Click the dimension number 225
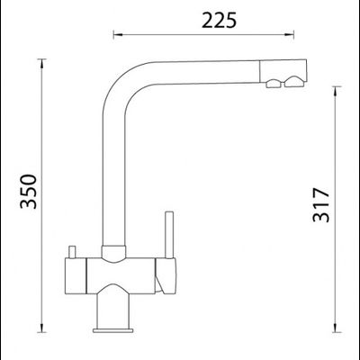coord(219,21)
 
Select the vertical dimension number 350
coord(29,191)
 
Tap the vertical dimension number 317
coord(321,205)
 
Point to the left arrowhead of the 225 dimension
coord(118,35)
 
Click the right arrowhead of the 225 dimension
coord(289,35)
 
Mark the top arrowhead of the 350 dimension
coord(41,64)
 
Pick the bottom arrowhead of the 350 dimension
coord(41,328)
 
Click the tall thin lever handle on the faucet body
coord(169,235)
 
